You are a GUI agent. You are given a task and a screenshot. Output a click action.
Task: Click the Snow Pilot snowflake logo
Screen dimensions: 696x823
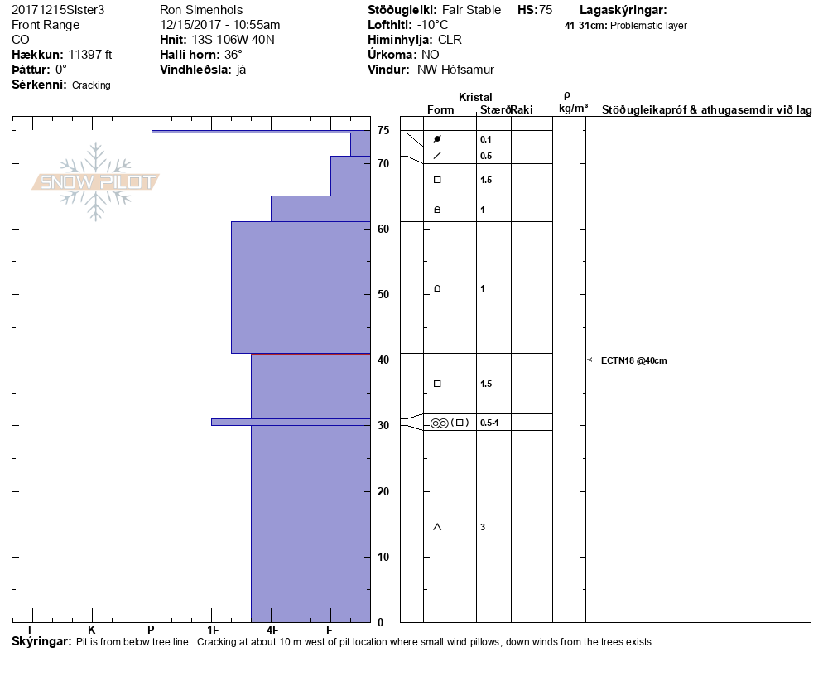coord(96,181)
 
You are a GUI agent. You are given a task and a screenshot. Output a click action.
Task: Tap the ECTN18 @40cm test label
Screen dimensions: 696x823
coord(633,360)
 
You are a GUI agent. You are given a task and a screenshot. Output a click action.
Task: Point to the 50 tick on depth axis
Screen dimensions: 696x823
coord(383,294)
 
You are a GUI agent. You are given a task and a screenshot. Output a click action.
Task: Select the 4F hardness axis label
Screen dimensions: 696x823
coord(272,631)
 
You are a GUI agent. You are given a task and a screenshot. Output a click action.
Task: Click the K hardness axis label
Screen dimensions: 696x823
coord(92,631)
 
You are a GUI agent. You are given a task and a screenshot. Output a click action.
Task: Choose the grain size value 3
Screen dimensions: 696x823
coord(483,527)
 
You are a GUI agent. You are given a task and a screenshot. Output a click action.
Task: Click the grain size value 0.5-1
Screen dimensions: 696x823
coord(489,423)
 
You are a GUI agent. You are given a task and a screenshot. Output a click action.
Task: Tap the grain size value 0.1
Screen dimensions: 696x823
coord(486,139)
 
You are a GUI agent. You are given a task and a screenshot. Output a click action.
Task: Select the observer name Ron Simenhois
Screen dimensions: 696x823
coord(202,10)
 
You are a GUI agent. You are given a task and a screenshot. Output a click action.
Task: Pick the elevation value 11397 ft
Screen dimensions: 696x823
coord(90,55)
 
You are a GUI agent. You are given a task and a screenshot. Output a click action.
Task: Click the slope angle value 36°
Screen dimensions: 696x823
coord(233,55)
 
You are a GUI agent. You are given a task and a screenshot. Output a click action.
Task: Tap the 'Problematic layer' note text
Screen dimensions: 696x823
coord(648,26)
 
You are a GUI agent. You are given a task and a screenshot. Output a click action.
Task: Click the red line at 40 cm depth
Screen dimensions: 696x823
coord(310,355)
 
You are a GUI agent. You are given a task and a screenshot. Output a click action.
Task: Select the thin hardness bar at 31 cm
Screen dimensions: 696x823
coord(290,422)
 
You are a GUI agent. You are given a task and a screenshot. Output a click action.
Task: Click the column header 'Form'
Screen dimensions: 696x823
coord(440,109)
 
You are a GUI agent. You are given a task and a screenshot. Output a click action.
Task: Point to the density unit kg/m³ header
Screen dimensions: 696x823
coord(573,109)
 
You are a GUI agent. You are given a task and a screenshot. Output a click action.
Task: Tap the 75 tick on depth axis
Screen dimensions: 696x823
coord(383,131)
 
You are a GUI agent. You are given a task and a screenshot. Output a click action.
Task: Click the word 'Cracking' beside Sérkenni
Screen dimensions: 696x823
coord(91,85)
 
